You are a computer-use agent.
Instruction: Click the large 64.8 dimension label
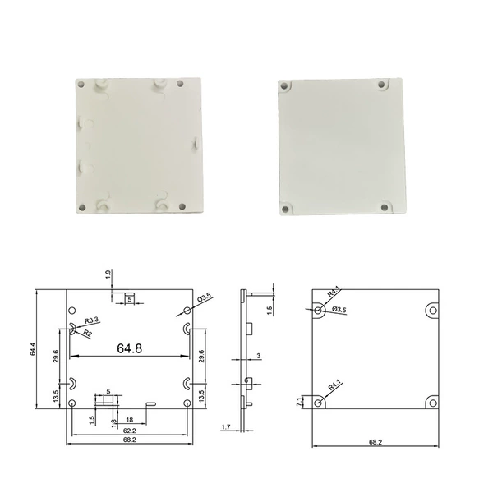(129, 348)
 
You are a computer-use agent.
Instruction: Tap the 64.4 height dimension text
(33, 349)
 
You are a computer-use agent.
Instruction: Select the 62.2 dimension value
(130, 431)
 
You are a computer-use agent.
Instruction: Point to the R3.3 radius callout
(91, 320)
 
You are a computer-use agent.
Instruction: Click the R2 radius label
(87, 333)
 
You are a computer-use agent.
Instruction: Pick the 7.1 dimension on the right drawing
(299, 402)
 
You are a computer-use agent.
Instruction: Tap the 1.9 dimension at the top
(108, 274)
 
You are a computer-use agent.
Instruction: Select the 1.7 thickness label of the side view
(226, 427)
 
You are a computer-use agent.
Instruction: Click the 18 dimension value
(129, 420)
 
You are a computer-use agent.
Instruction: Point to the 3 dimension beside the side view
(259, 356)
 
